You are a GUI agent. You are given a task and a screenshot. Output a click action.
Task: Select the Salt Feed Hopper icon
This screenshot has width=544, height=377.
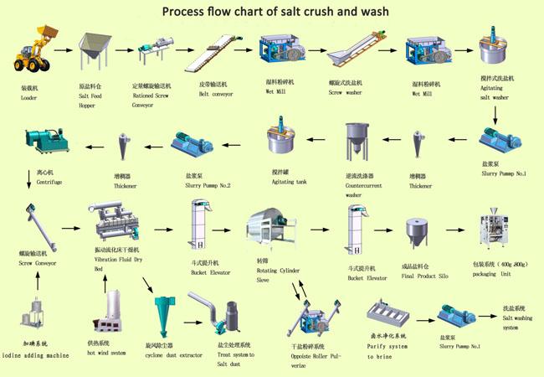95,52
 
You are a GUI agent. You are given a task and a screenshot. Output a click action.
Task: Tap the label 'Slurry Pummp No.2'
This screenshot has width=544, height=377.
193,184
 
